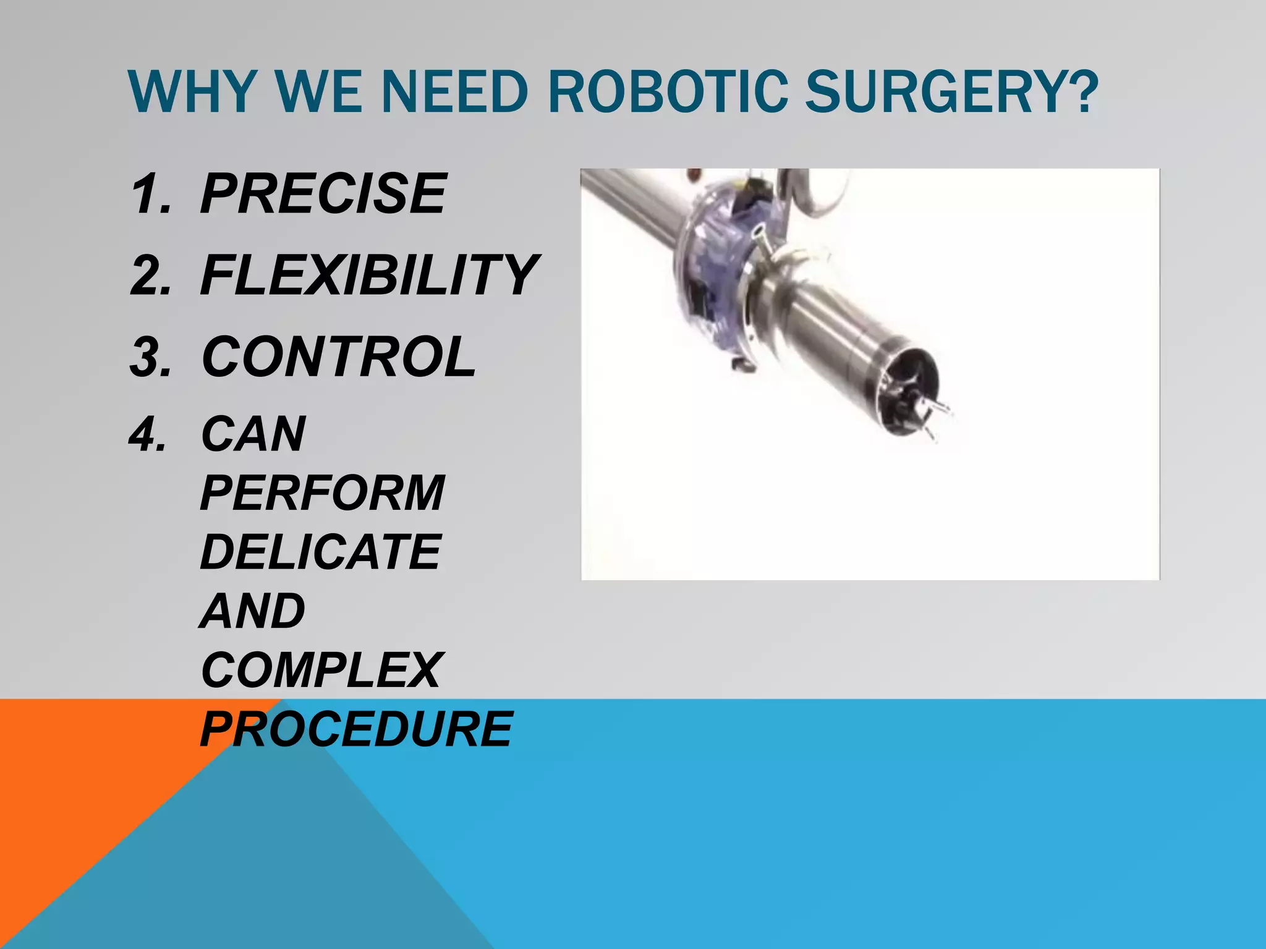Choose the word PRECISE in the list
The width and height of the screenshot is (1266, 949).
pyautogui.click(x=323, y=193)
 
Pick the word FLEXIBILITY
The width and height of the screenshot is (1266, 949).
pyautogui.click(x=369, y=275)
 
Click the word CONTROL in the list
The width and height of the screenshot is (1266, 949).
pyautogui.click(x=339, y=357)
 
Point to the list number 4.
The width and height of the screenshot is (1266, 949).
pyautogui.click(x=148, y=434)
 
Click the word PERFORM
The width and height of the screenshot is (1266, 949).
pyautogui.click(x=322, y=492)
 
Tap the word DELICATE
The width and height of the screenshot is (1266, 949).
pyautogui.click(x=320, y=552)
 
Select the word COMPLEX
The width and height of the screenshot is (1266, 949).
pyautogui.click(x=320, y=670)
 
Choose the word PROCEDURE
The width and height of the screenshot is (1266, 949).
pyautogui.click(x=357, y=729)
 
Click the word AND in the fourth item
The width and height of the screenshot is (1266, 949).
pyautogui.click(x=253, y=611)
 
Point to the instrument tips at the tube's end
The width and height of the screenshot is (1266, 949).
pyautogui.click(x=927, y=414)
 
